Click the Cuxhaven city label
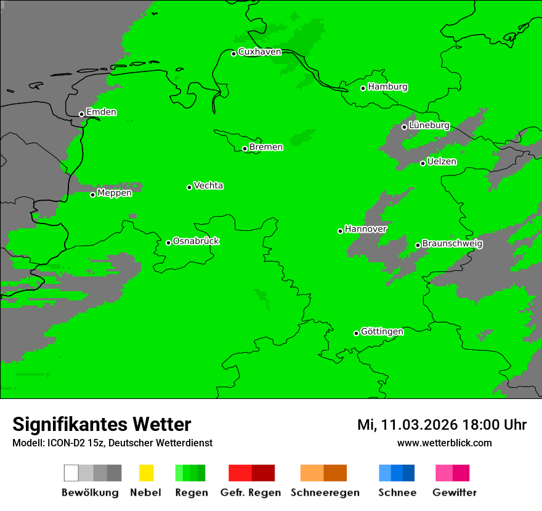(259, 52)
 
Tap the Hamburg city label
(387, 87)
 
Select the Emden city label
(101, 113)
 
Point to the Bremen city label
(266, 148)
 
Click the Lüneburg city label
(429, 126)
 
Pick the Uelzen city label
(442, 162)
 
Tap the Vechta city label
(208, 186)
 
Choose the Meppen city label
(115, 193)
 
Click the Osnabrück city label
(196, 241)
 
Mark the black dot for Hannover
(340, 231)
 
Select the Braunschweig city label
(452, 244)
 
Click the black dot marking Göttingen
(356, 334)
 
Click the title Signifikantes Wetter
(102, 424)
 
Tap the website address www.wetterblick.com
(444, 443)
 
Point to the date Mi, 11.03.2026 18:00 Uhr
(442, 425)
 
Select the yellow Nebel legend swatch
(146, 473)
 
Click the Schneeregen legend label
(325, 493)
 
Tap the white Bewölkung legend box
(71, 473)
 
